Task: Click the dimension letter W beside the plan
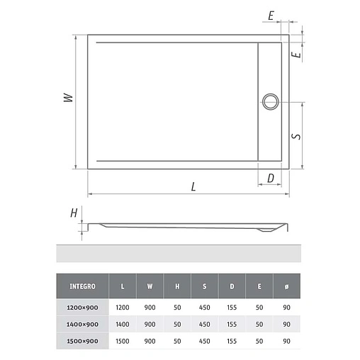click(67, 99)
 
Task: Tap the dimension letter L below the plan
click(193, 187)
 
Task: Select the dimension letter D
click(270, 178)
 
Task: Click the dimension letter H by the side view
click(73, 213)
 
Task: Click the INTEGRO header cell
click(83, 286)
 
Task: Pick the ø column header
click(286, 286)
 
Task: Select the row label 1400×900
click(83, 324)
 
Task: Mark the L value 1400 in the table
click(123, 324)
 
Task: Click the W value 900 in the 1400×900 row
click(150, 324)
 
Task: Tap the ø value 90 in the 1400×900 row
click(286, 324)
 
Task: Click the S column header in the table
click(204, 286)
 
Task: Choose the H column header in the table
click(177, 286)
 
